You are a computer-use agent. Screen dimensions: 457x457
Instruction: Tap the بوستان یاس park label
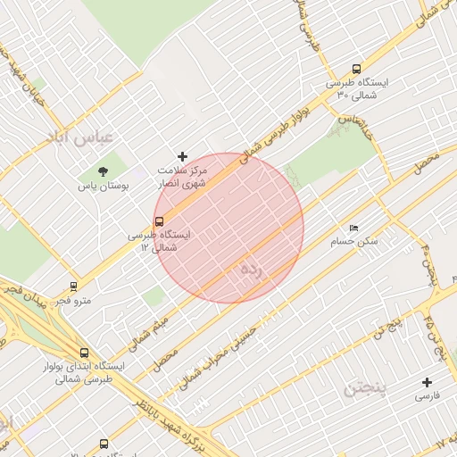pyautogui.click(x=104, y=187)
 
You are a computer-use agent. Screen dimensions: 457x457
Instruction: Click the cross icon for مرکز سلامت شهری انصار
pyautogui.click(x=183, y=156)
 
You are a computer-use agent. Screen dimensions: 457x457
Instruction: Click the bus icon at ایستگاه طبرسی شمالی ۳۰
pyautogui.click(x=357, y=69)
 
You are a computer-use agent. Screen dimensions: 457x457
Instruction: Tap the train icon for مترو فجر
pyautogui.click(x=72, y=287)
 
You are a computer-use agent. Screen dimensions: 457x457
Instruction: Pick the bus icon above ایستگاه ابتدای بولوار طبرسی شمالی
pyautogui.click(x=84, y=353)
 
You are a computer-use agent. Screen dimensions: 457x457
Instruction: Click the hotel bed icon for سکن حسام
pyautogui.click(x=354, y=228)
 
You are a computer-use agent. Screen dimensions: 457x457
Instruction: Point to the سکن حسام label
pyautogui.click(x=354, y=241)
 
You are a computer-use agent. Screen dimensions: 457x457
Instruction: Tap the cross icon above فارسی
pyautogui.click(x=427, y=382)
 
